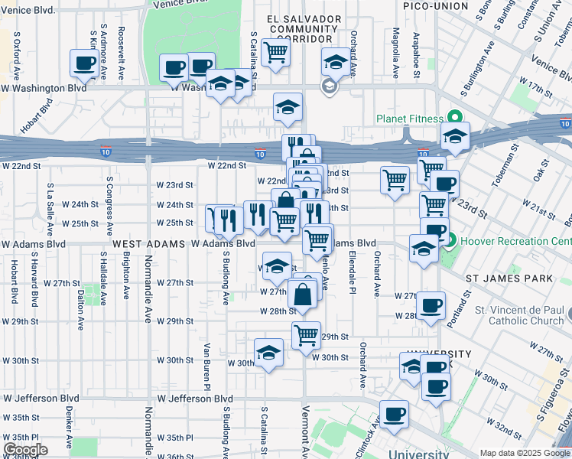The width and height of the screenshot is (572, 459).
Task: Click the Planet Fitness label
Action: point(409,119)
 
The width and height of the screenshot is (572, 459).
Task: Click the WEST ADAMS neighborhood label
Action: point(148,243)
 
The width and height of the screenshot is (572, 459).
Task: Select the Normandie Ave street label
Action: point(148,306)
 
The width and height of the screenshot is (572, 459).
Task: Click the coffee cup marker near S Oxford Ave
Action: point(84,63)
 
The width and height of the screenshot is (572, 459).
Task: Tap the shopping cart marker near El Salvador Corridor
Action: point(275,52)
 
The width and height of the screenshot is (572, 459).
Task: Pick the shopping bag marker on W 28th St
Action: point(303,294)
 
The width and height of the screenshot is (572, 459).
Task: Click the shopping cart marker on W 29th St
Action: point(306,334)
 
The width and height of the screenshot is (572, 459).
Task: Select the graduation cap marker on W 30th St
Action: point(268,353)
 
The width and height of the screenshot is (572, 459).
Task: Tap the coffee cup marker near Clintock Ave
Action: point(395,414)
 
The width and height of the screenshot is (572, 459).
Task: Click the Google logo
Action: point(25,450)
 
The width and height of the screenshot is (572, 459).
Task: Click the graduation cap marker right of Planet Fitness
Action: point(455,138)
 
